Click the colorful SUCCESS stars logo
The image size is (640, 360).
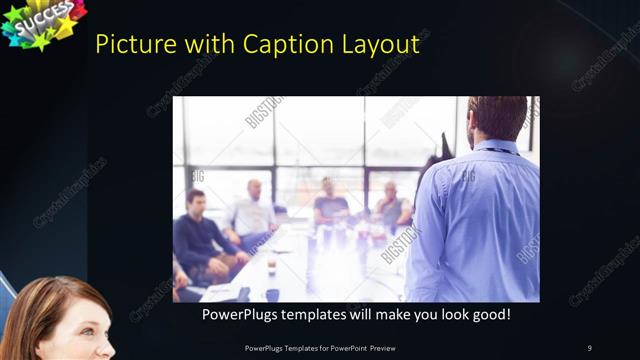pos(42,22)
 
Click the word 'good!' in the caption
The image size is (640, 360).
pos(489,314)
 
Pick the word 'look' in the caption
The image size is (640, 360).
pos(447,314)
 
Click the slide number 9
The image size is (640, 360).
pos(589,348)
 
